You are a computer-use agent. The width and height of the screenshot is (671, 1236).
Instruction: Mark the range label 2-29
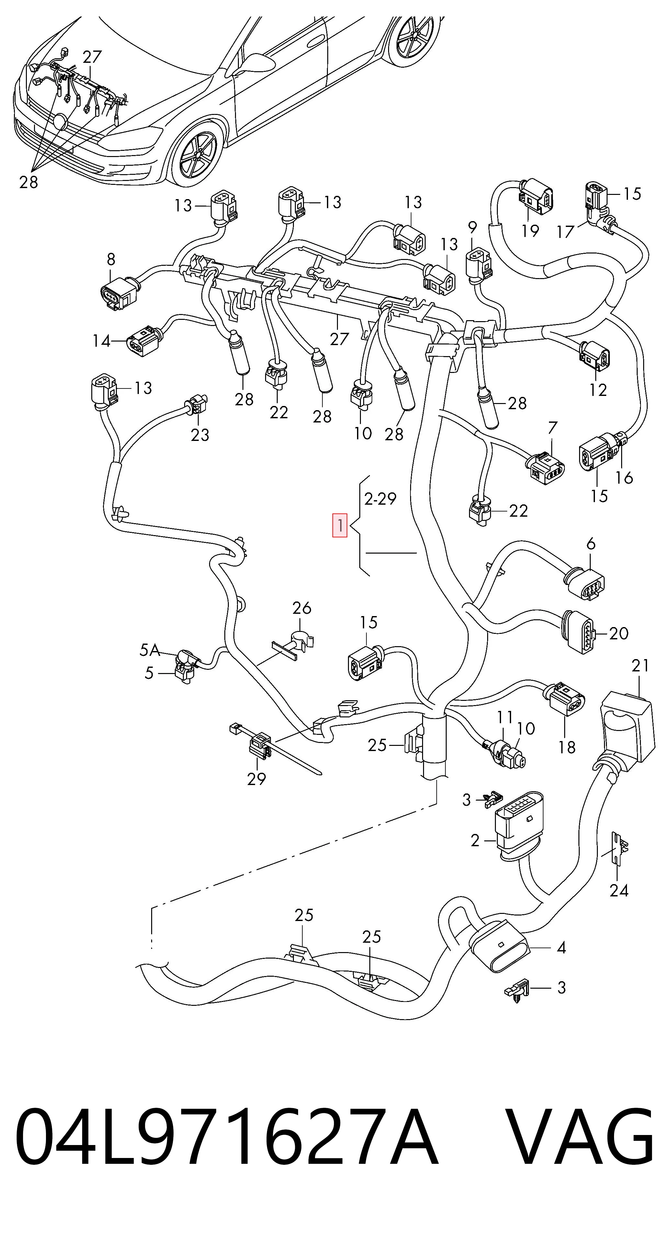380,499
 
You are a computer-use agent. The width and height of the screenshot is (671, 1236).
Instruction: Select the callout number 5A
150,650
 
